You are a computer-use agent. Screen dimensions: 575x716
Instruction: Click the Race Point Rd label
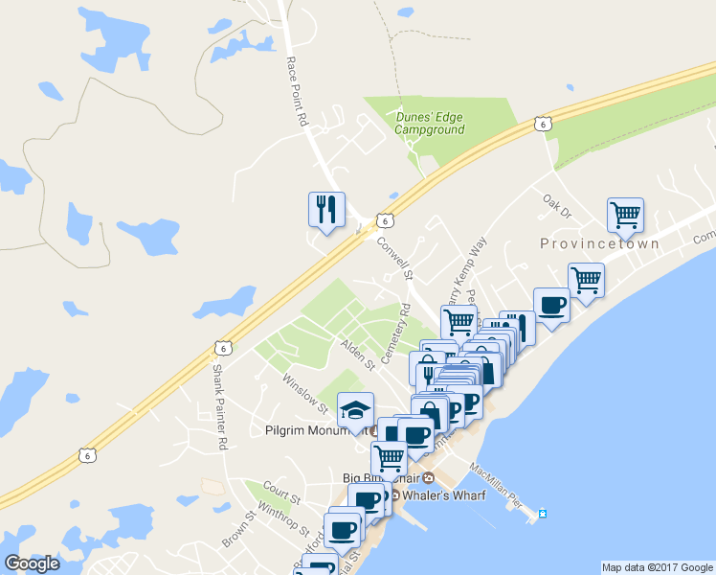295,91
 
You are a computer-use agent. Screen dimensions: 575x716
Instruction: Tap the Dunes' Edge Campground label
430,124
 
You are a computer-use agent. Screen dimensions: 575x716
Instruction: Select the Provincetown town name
600,243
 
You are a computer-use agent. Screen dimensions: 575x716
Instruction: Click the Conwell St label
394,258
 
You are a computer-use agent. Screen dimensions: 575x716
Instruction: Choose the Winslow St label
304,393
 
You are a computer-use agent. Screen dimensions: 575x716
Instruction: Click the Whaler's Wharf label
444,494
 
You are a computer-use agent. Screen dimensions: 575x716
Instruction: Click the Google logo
33,563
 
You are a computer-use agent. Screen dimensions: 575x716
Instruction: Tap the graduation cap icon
356,410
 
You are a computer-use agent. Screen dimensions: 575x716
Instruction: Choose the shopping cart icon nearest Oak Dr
625,215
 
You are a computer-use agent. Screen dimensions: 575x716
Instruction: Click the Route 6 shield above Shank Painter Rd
222,346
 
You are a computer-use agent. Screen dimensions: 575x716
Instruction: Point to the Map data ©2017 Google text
657,567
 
